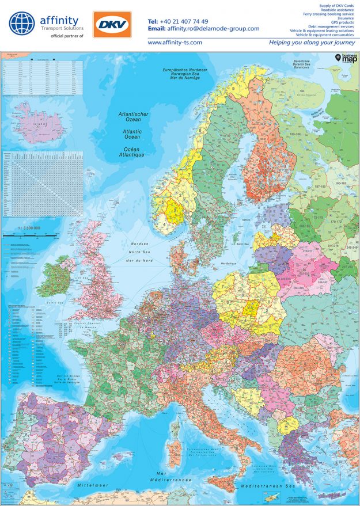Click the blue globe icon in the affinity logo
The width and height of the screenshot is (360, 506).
tap(21, 25)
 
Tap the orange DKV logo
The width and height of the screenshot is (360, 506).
tap(112, 25)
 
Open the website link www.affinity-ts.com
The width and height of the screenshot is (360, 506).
tap(175, 43)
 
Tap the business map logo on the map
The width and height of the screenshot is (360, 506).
tap(345, 58)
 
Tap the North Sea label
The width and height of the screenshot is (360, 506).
tap(140, 252)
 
